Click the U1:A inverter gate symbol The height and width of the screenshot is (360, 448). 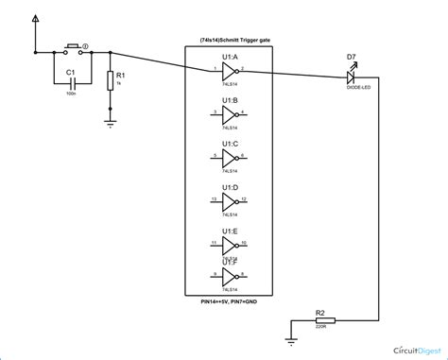click(230, 72)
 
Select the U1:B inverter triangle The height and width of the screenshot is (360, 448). click(230, 113)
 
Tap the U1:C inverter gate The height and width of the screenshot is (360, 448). click(230, 157)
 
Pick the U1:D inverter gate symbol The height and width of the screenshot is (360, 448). click(230, 200)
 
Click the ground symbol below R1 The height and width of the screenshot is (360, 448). click(111, 121)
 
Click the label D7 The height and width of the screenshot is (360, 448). click(351, 58)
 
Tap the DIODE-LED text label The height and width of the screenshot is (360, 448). click(352, 89)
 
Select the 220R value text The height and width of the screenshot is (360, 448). click(323, 331)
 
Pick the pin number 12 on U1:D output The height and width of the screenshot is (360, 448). click(244, 197)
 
